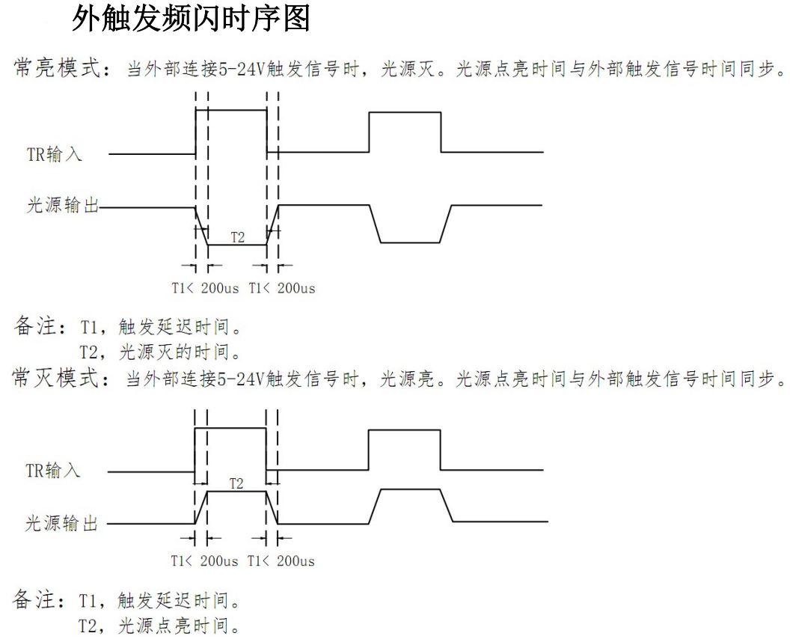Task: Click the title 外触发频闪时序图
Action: coord(191,19)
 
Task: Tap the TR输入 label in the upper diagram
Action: coord(55,153)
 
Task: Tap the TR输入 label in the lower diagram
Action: coord(53,470)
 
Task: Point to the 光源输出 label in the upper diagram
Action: coord(63,205)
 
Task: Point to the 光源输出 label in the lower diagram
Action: coord(61,523)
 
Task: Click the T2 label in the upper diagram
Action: coord(237,237)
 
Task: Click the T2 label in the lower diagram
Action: coord(236,484)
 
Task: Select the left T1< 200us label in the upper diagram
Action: coord(205,288)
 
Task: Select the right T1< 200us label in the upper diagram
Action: coord(281,288)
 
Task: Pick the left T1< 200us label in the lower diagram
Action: coord(204,561)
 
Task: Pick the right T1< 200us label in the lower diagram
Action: coord(281,561)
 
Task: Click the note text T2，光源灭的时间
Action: coord(160,352)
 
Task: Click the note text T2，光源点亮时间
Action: coord(159,626)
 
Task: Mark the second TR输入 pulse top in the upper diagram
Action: coord(405,112)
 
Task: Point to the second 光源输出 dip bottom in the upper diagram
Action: coord(410,243)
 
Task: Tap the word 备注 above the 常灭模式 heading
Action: coord(34,326)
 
